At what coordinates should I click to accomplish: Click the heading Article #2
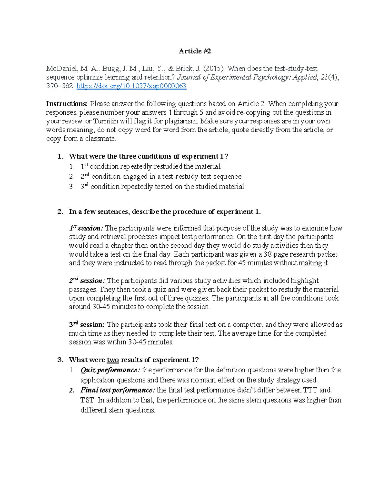click(x=194, y=51)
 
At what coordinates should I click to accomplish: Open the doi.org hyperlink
click(x=131, y=86)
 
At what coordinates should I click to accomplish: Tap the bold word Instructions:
click(x=67, y=104)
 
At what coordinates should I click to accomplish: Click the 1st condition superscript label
click(x=84, y=166)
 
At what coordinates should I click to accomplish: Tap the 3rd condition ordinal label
click(x=85, y=187)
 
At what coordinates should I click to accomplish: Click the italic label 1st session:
click(x=86, y=228)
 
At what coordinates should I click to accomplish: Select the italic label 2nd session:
click(x=87, y=281)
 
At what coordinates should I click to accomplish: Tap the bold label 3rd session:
click(x=87, y=325)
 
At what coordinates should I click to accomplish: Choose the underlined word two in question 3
click(x=112, y=360)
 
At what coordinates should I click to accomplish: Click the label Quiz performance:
click(x=110, y=370)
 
